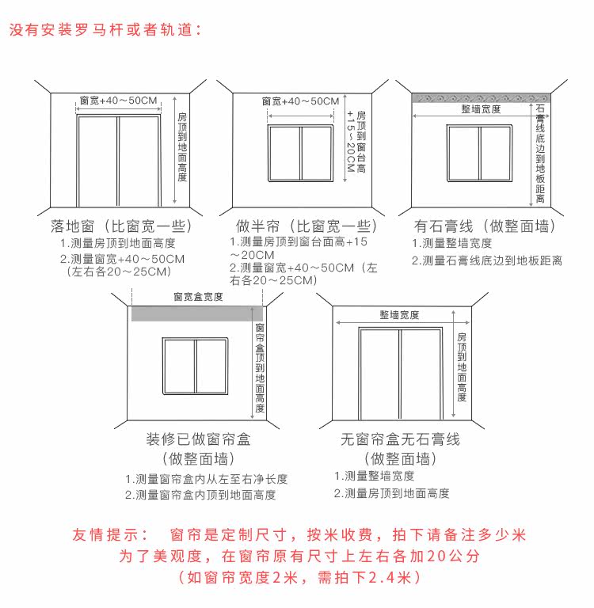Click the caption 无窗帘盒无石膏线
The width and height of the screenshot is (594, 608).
coord(400,439)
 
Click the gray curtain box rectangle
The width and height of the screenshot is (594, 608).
coord(196,313)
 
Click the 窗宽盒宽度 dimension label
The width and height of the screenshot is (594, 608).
coord(197,297)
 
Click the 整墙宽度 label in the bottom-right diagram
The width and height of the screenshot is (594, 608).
coord(399,315)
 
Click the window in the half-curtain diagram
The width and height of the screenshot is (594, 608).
coord(300,154)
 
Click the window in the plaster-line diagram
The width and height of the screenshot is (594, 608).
coord(479,154)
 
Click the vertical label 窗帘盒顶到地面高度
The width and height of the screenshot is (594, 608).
coord(260,368)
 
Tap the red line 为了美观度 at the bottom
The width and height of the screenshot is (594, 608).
coord(299,556)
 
